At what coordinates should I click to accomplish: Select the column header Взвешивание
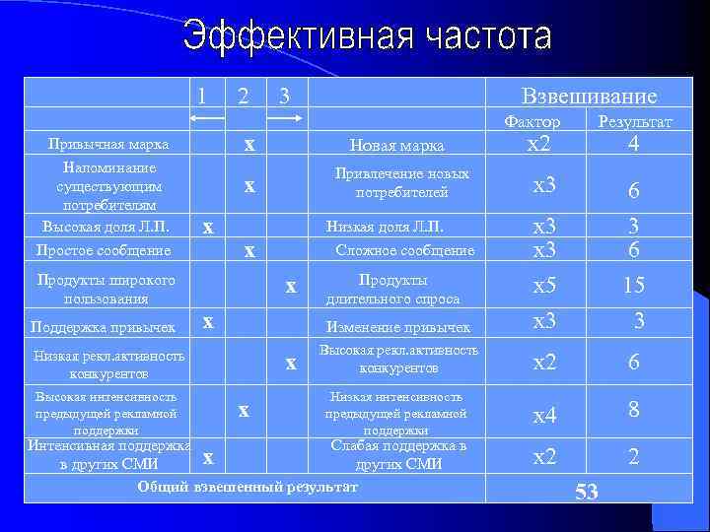pos(589,96)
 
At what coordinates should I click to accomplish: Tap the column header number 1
pos(201,95)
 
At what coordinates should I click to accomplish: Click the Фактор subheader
pos(532,121)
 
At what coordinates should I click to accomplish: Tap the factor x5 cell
pos(544,286)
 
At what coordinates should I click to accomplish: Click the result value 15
pos(633,286)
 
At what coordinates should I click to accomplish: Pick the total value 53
pos(587,492)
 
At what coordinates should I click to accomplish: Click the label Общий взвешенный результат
pos(248,486)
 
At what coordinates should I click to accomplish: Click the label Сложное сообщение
pos(405,250)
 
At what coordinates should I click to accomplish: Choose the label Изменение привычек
pos(398,327)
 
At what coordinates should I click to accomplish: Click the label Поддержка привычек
pos(103,327)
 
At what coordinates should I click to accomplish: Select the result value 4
pos(634,144)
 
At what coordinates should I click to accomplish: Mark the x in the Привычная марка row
pos(249,145)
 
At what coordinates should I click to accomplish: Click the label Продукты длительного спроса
pos(392,288)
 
